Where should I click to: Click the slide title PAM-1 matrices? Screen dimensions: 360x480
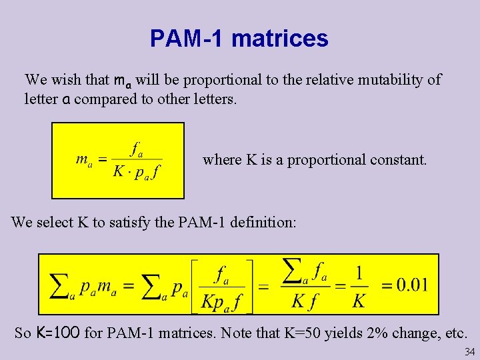pos(239,38)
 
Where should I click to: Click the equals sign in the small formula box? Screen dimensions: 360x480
pos(102,160)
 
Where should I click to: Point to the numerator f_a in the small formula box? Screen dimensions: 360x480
pos(137,147)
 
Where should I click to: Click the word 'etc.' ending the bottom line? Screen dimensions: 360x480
pos(453,332)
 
